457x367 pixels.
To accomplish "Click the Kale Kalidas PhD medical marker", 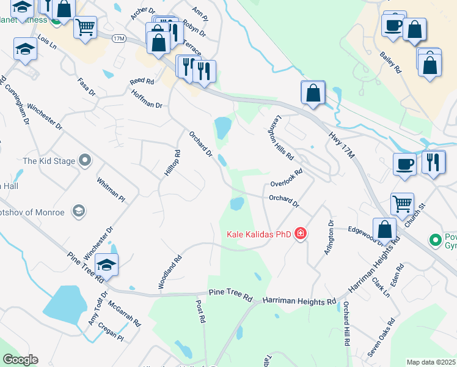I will [300, 234].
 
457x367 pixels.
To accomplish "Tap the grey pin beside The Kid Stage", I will [85, 161].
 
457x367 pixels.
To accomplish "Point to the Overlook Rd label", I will [287, 179].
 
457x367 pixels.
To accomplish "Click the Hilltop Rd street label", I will [172, 163].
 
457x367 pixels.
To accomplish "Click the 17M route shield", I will [119, 39].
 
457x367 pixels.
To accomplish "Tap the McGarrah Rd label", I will [124, 313].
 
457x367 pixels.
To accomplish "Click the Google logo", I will [20, 360].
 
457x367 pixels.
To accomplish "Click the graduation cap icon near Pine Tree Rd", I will [106, 264].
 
